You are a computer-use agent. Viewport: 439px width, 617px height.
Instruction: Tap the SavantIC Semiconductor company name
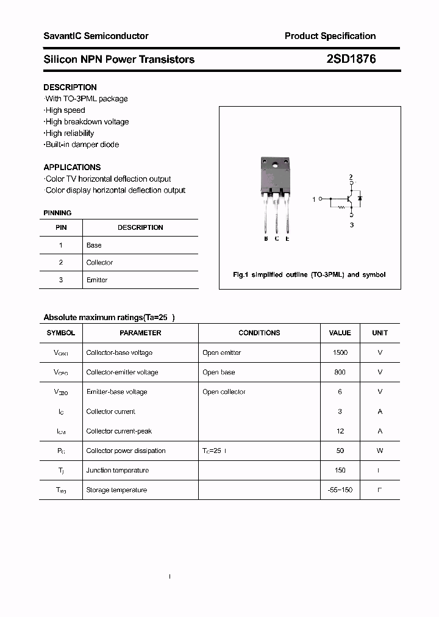[x=96, y=36]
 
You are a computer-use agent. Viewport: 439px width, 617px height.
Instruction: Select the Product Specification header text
[x=330, y=36]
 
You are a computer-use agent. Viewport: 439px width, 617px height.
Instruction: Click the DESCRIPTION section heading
[x=70, y=87]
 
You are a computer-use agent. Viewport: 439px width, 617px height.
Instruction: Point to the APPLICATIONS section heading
[x=72, y=167]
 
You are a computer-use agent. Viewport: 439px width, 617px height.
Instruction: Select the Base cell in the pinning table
[x=94, y=245]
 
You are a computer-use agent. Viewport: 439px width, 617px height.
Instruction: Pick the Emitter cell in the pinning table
[x=97, y=280]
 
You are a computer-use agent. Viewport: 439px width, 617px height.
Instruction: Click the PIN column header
[x=61, y=227]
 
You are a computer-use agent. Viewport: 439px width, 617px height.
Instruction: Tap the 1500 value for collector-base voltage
[x=340, y=352]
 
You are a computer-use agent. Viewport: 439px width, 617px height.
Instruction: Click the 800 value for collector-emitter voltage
[x=340, y=372]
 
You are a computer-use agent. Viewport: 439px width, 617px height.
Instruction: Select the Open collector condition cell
[x=224, y=391]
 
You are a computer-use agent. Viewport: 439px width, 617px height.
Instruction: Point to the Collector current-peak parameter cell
[x=119, y=431]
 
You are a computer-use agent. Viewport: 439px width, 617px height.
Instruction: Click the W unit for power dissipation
[x=379, y=451]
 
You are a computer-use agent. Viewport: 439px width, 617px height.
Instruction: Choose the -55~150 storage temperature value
[x=340, y=490]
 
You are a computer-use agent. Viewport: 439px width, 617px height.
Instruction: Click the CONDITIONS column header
[x=259, y=333]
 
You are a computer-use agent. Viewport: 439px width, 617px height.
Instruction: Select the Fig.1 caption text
[x=309, y=275]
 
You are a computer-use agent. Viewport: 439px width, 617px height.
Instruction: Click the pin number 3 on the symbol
[x=351, y=225]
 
